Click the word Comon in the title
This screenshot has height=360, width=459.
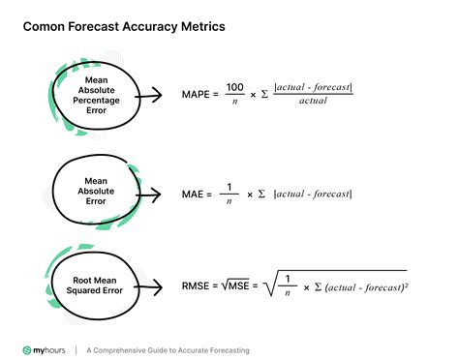(x=46, y=27)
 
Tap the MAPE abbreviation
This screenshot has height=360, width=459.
(x=199, y=95)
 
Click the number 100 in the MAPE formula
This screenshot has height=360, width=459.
(x=235, y=87)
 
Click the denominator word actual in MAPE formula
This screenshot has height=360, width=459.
(x=313, y=102)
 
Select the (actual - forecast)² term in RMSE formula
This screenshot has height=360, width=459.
(x=366, y=287)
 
